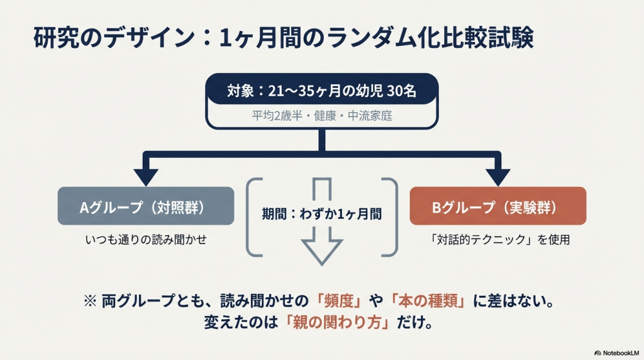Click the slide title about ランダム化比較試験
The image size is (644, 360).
[x=283, y=38]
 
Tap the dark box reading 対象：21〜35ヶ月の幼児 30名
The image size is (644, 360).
[x=321, y=91]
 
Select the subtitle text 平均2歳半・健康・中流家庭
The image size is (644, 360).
[x=321, y=116]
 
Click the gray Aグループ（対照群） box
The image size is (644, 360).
[x=146, y=206]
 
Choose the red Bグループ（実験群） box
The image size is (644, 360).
[x=498, y=206]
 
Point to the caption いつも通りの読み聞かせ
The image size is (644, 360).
[x=146, y=240]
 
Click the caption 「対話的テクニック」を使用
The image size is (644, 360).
[x=498, y=240]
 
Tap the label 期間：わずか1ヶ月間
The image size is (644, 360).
[x=321, y=213]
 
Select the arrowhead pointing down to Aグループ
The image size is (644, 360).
[x=146, y=176]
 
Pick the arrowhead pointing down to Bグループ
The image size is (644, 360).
[x=498, y=176]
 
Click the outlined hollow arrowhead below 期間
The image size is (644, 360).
[x=321, y=252]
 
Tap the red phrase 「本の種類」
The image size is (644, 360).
[x=427, y=300]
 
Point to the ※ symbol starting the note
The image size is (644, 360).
[x=90, y=301]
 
